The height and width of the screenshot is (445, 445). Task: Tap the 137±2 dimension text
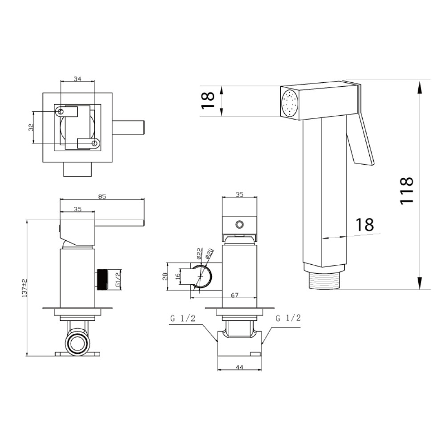tap(24, 288)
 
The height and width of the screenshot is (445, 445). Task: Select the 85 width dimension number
tap(102, 196)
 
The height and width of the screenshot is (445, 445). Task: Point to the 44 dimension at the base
tap(239, 367)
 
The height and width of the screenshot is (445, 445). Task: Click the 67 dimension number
tap(235, 295)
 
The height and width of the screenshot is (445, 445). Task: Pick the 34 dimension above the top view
tap(77, 79)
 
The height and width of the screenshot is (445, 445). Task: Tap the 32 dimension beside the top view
tap(31, 127)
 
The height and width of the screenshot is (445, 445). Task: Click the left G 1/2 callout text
tap(183, 319)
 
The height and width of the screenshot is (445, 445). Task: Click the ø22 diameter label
tap(199, 254)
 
